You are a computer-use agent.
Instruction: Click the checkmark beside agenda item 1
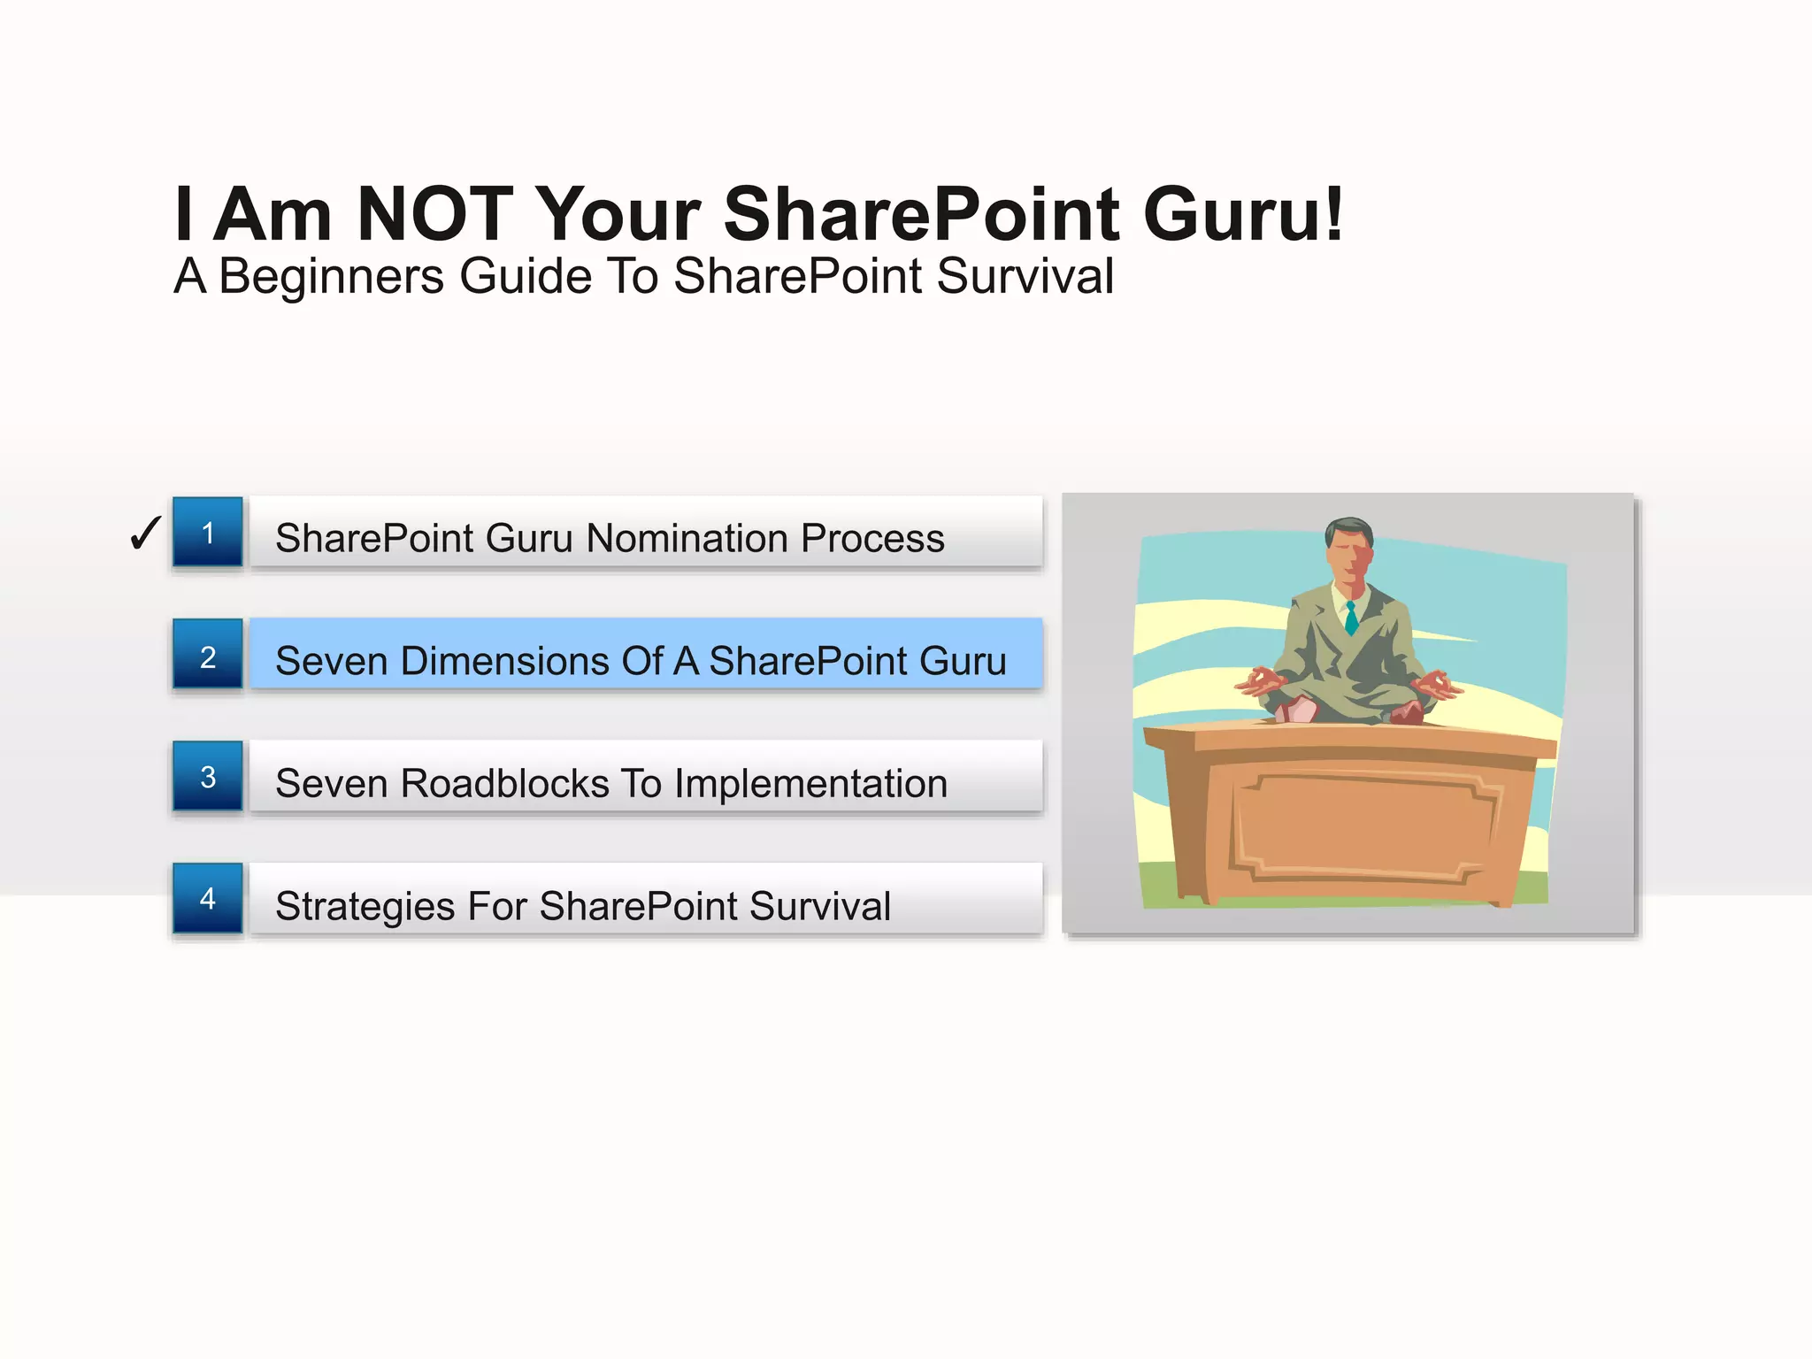pos(145,534)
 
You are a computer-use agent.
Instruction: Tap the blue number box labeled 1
pos(208,532)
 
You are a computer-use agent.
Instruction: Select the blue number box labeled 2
pos(208,655)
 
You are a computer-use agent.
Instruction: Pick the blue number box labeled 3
pos(208,776)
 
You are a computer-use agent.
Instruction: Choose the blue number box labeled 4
pos(208,898)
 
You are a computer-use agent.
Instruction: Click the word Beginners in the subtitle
pos(331,276)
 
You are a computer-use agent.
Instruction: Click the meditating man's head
pos(1349,553)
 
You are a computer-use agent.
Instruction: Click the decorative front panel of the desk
pos(1363,827)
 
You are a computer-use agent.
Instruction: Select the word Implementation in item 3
pos(810,784)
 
